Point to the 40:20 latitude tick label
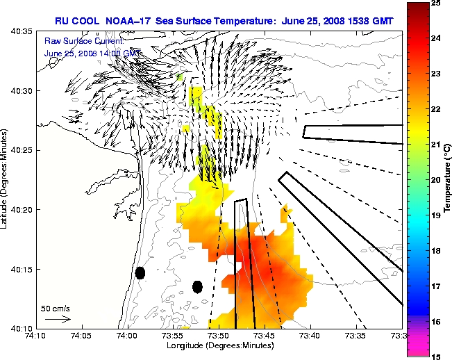point(20,209)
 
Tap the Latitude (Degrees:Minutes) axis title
point(6,179)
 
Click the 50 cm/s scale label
point(54,307)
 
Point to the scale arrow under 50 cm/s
point(57,319)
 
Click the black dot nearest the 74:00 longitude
point(140,273)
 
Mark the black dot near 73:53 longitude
point(197,286)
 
